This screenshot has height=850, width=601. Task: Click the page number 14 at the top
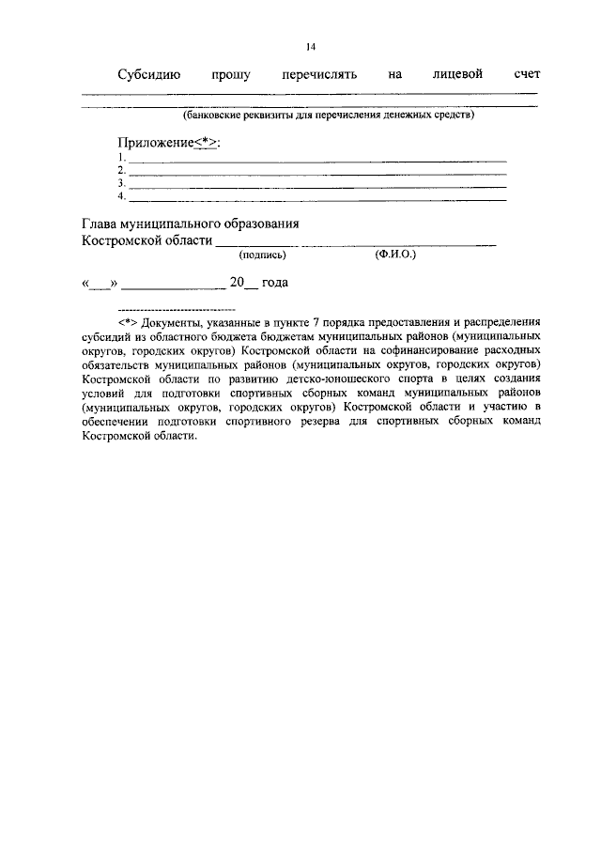click(x=311, y=48)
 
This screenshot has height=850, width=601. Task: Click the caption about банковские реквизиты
click(x=329, y=116)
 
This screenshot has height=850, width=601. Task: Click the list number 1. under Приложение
click(x=122, y=158)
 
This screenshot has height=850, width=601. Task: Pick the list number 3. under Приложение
click(x=122, y=183)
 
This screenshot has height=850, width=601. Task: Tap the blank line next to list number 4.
click(x=317, y=197)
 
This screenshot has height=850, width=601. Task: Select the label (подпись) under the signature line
click(x=263, y=255)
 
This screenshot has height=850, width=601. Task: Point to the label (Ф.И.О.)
click(x=394, y=254)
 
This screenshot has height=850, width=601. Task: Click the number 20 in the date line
click(x=237, y=283)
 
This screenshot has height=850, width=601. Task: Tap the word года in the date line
click(x=274, y=283)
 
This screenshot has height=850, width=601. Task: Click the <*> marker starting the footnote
click(x=128, y=321)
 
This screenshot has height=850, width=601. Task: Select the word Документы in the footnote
click(x=170, y=321)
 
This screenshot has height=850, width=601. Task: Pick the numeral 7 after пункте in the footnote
click(x=342, y=321)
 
